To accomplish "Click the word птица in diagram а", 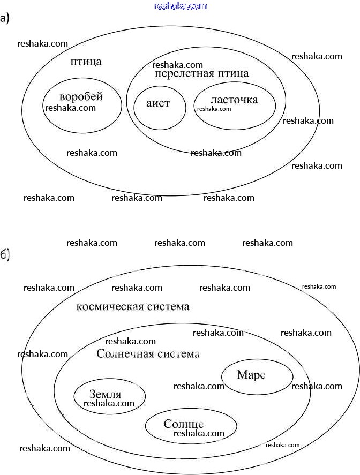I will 86,62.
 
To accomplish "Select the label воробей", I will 81,97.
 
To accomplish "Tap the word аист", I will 158,103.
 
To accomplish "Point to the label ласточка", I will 234,100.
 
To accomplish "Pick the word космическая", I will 109,307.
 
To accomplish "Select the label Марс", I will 251,374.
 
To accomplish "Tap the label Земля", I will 105,394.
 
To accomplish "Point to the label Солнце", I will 184,424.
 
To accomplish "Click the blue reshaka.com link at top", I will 180,6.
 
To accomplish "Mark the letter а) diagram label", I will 5,19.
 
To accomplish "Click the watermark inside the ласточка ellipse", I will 214,109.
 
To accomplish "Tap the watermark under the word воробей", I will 71,108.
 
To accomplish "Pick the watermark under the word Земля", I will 109,403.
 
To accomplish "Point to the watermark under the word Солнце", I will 199,433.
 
